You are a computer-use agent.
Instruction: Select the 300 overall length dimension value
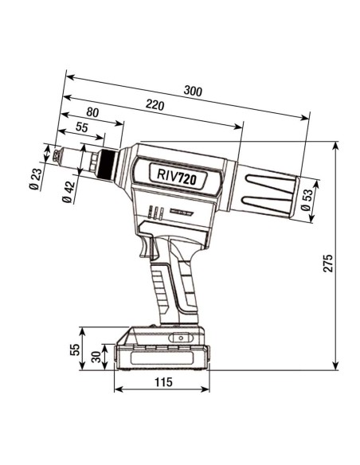(192, 92)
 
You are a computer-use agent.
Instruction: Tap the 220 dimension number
(155, 104)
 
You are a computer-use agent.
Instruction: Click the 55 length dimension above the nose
(82, 127)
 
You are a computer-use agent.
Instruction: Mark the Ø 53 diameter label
(307, 200)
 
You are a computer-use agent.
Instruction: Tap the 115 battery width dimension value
(162, 383)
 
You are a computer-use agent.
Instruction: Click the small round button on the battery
(180, 338)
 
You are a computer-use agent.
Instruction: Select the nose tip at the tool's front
(53, 156)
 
